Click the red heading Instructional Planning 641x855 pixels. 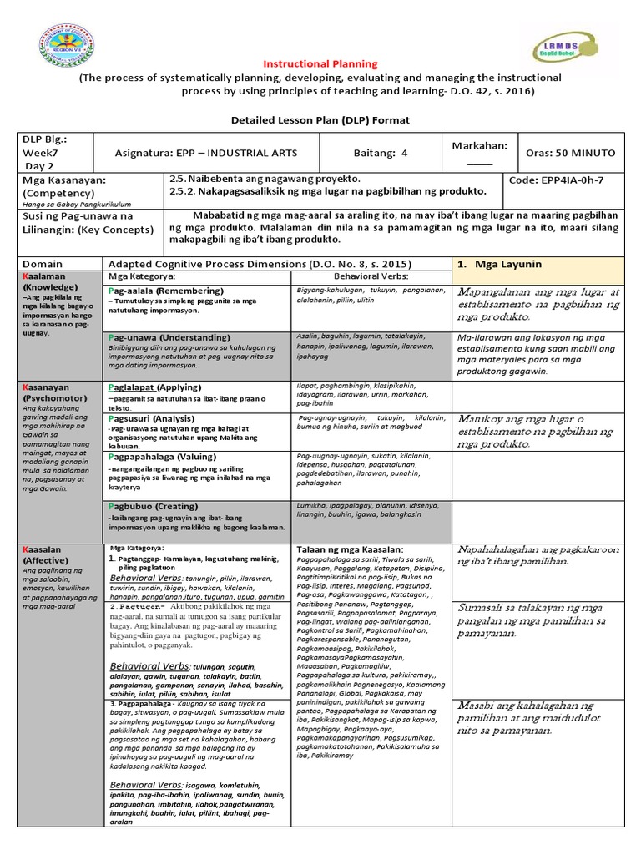click(x=320, y=64)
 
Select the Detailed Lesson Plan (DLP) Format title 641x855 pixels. click(x=320, y=120)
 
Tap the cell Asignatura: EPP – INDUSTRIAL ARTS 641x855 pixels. click(x=206, y=153)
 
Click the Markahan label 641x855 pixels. click(x=479, y=145)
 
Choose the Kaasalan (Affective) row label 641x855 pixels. click(x=52, y=554)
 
